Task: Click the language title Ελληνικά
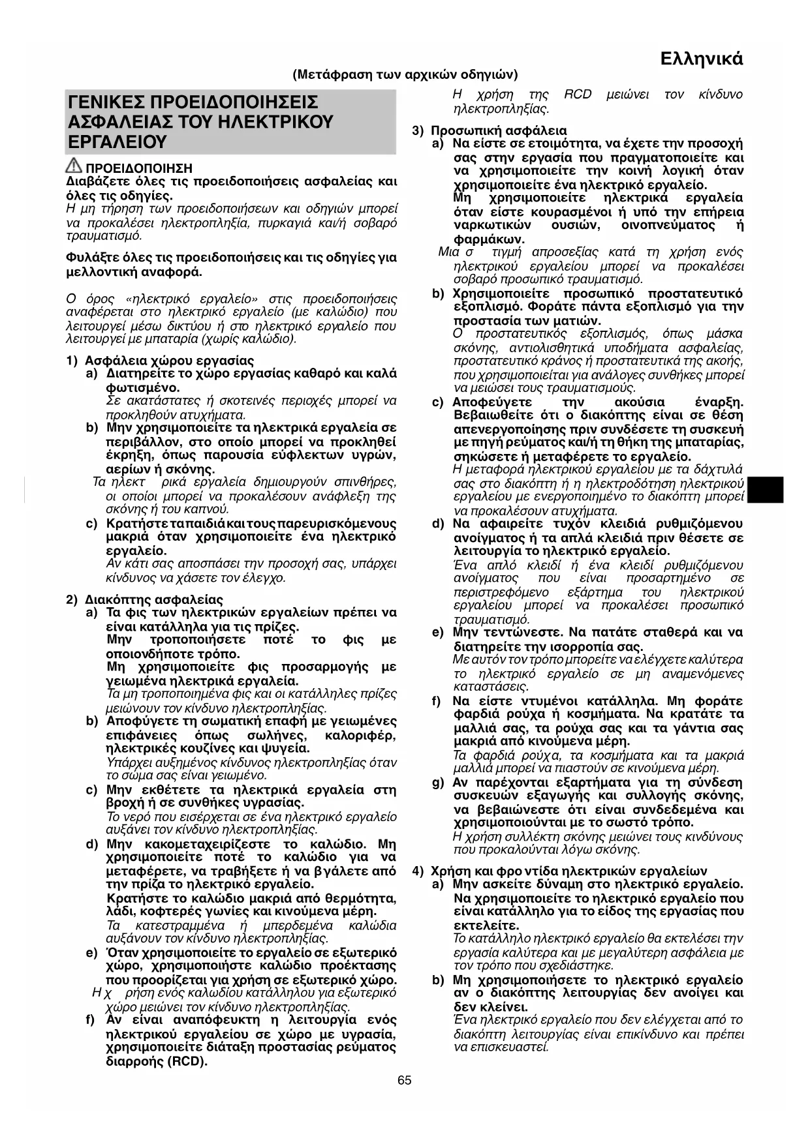(x=702, y=59)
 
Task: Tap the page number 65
(x=405, y=1080)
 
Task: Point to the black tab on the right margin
(x=765, y=490)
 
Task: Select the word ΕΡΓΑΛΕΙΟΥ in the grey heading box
(x=117, y=142)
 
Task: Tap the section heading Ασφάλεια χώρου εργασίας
(x=169, y=360)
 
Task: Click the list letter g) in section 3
(x=438, y=782)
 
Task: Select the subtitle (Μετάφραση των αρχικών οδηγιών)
(x=405, y=74)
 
